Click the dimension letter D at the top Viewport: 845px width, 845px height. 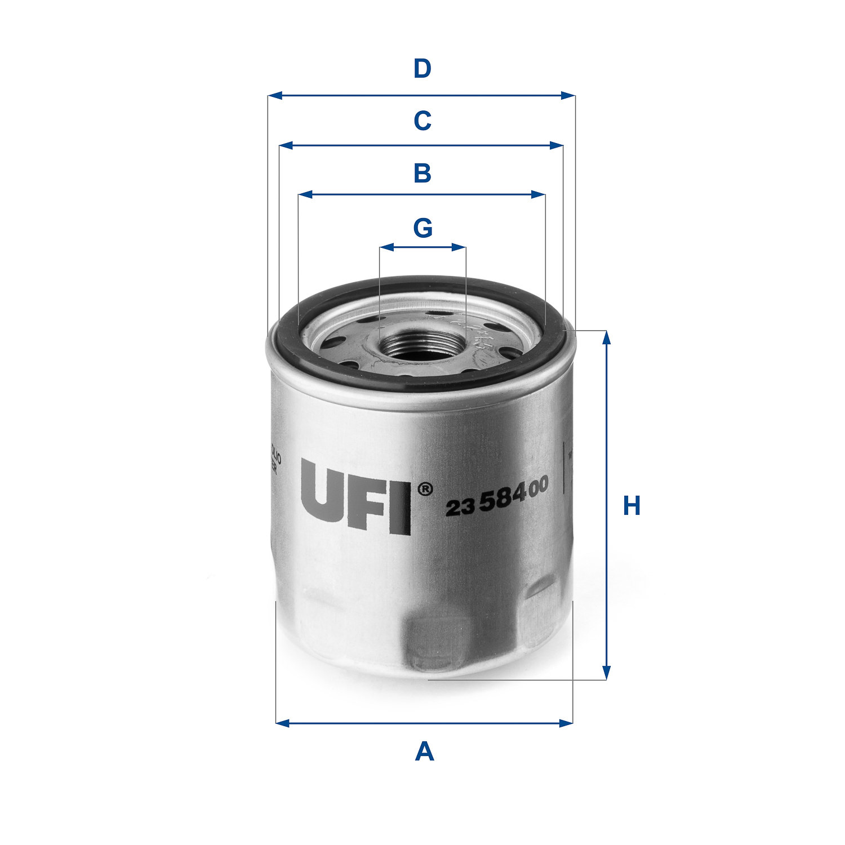click(422, 69)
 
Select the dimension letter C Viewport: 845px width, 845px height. click(422, 121)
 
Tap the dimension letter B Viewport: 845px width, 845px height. click(422, 173)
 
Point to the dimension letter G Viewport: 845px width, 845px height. click(422, 228)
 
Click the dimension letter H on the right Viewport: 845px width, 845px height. click(631, 506)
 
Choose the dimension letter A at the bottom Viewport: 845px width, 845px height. click(424, 752)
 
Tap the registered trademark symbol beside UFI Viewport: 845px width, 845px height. click(425, 489)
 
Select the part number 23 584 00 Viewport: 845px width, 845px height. click(497, 496)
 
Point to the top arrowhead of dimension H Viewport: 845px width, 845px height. click(606, 337)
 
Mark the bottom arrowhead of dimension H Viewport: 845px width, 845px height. click(606, 673)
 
